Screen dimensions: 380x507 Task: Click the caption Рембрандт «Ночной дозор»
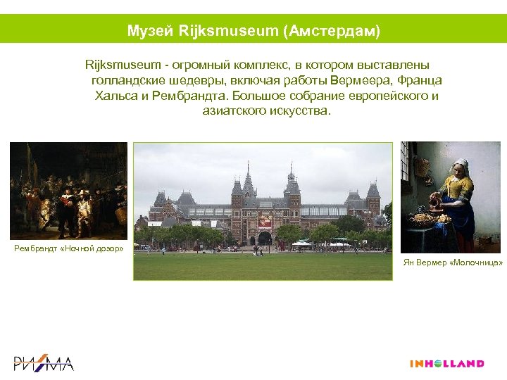pos(69,248)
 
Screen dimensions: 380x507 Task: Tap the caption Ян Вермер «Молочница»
pos(452,262)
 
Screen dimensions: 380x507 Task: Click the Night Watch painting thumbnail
pos(68,191)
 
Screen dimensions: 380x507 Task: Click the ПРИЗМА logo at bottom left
pos(44,363)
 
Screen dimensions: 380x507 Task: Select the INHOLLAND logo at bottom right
pos(446,364)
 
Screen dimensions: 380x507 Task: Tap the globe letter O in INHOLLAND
pos(439,364)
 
